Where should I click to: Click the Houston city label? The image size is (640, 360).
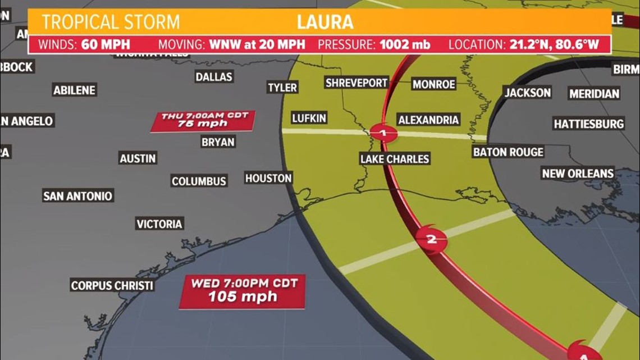click(268, 178)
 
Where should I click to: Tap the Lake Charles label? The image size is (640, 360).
click(395, 159)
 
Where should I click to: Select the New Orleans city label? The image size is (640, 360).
click(578, 174)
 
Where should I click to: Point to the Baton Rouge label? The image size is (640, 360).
click(508, 152)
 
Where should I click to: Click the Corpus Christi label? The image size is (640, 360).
click(112, 285)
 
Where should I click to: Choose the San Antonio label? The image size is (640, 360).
click(78, 196)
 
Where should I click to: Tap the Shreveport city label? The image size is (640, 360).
click(356, 83)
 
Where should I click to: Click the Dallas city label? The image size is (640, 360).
click(214, 76)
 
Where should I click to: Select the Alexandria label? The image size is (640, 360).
click(428, 120)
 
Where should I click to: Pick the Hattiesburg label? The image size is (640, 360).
click(589, 124)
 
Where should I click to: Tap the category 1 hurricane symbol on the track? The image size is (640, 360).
click(383, 134)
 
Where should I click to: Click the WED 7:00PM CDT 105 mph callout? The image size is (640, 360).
click(243, 290)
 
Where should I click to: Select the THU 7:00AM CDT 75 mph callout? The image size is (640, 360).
click(203, 120)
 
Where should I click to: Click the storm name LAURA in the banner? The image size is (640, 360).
click(326, 22)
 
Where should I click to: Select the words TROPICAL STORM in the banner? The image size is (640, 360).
click(111, 22)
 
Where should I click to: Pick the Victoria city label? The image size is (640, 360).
click(159, 224)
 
